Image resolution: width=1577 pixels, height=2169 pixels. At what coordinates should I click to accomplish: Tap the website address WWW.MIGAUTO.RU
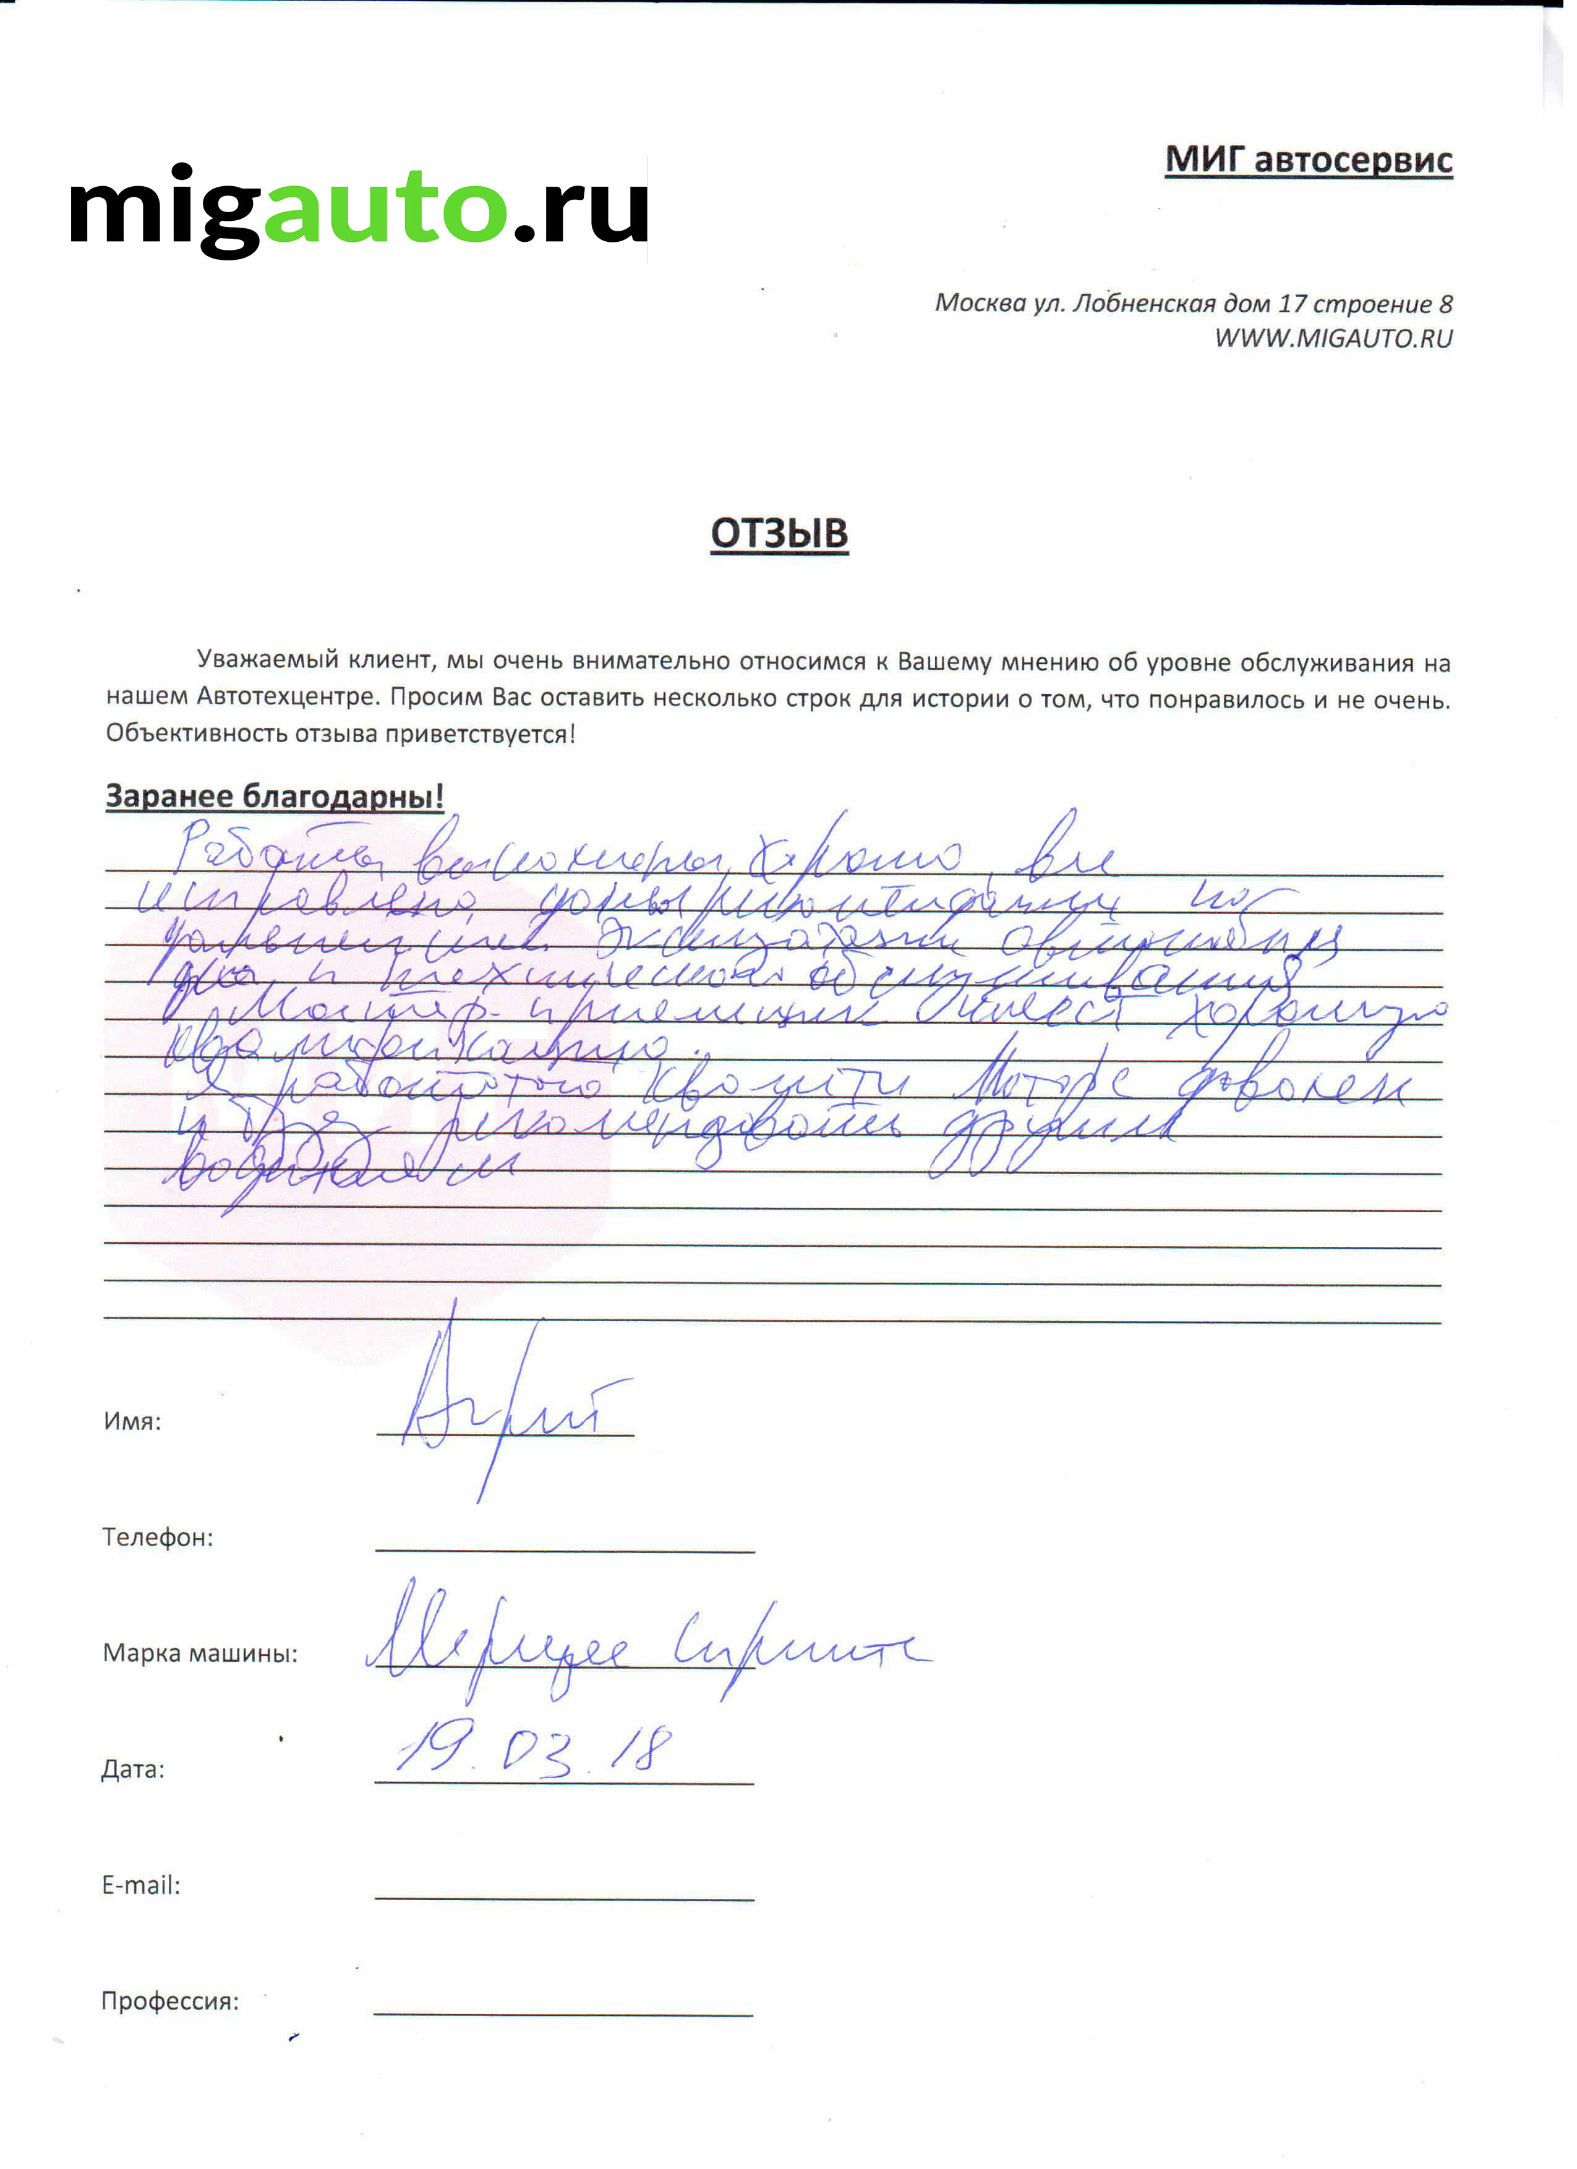1333,338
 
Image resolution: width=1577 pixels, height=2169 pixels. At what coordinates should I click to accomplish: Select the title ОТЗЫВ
779,534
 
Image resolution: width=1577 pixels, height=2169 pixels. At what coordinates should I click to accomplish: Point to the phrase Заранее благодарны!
275,796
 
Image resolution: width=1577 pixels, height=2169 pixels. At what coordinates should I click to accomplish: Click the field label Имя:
132,1421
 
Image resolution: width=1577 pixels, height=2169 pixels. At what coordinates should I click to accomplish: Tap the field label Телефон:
158,1538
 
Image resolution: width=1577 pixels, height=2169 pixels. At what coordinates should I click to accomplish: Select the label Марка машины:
200,1654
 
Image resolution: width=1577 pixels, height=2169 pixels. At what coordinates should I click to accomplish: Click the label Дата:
133,1770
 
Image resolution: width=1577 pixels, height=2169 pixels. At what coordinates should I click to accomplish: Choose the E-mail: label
140,1886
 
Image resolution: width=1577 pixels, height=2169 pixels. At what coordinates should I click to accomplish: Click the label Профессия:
170,2001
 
